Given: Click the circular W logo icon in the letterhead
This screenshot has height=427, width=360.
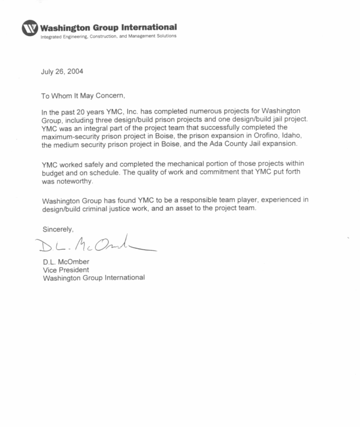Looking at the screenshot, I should (x=31, y=28).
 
